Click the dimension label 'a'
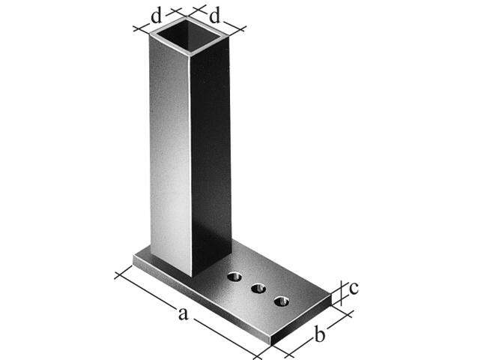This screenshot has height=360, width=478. click(183, 313)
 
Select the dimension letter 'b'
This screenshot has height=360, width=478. click(320, 334)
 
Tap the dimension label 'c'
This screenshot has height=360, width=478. click(354, 289)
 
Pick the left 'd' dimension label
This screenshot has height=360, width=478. click(156, 16)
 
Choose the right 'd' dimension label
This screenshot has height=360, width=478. click(214, 16)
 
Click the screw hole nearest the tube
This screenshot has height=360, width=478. click(235, 277)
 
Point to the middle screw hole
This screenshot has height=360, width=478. click(258, 289)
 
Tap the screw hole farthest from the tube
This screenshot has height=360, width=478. click(282, 301)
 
